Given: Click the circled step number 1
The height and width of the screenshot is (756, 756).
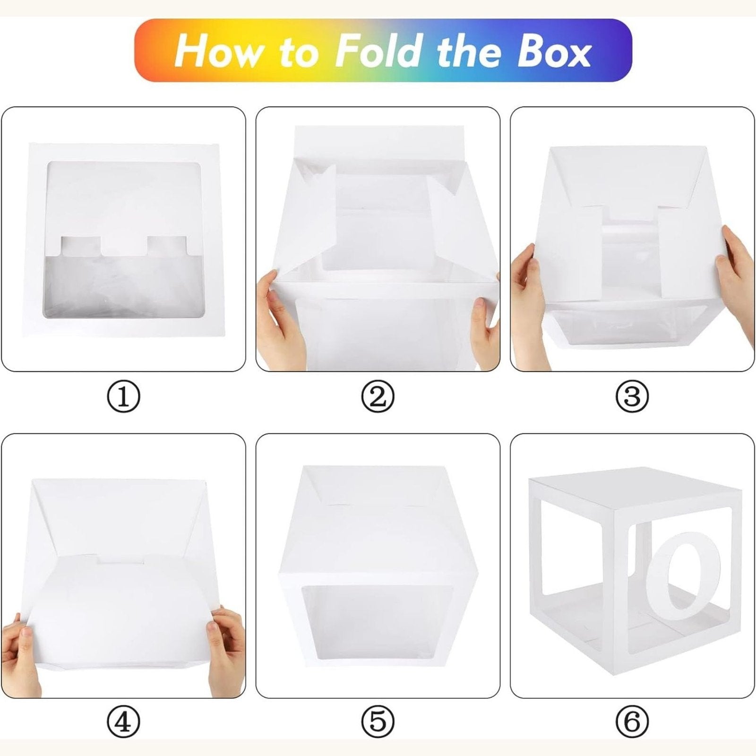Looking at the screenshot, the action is [124, 398].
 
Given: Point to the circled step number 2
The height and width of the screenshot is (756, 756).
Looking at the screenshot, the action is [378, 398].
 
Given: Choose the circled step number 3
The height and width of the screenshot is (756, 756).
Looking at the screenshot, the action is [632, 398].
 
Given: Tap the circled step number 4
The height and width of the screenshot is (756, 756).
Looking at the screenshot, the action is [124, 723].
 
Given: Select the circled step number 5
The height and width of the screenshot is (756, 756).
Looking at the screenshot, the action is [378, 723].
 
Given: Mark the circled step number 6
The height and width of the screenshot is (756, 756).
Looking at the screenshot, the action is [632, 723].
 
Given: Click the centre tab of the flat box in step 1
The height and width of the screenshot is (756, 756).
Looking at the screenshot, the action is [125, 246].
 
